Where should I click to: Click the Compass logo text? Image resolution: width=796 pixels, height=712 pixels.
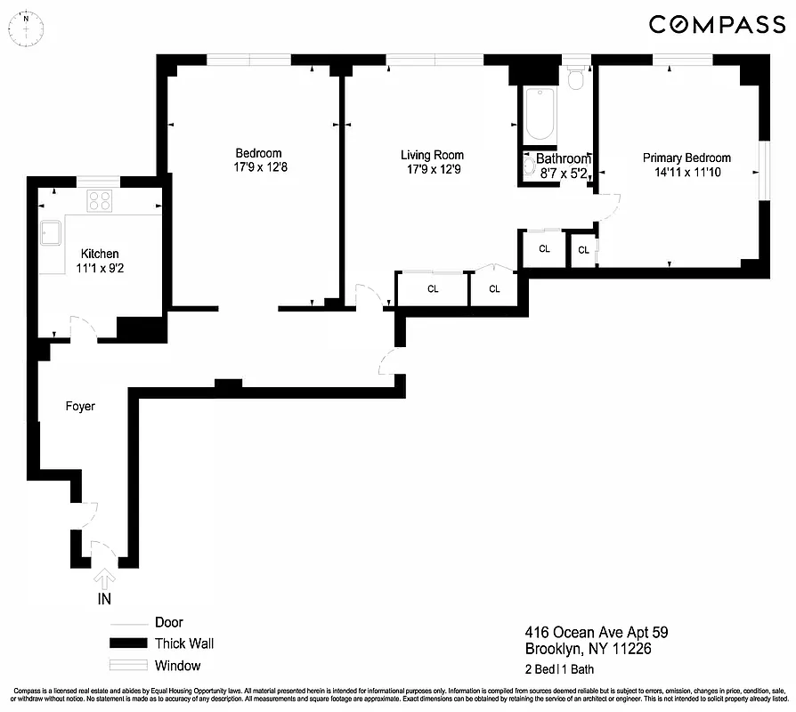(x=716, y=25)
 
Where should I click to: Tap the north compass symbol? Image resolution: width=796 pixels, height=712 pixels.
(x=27, y=27)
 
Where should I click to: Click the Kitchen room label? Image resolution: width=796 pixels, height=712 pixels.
(x=100, y=254)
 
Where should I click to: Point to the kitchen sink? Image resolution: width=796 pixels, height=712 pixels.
(x=50, y=233)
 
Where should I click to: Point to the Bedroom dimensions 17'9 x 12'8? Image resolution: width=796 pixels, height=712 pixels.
(x=258, y=166)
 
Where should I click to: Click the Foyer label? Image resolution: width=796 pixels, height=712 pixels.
(x=80, y=406)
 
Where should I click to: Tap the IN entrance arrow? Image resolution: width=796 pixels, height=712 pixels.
(x=104, y=580)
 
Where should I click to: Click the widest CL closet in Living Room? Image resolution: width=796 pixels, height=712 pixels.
(x=433, y=289)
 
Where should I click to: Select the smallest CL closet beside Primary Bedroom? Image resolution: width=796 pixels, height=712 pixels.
(x=583, y=250)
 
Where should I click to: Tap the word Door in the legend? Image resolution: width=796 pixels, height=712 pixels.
(x=168, y=622)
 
